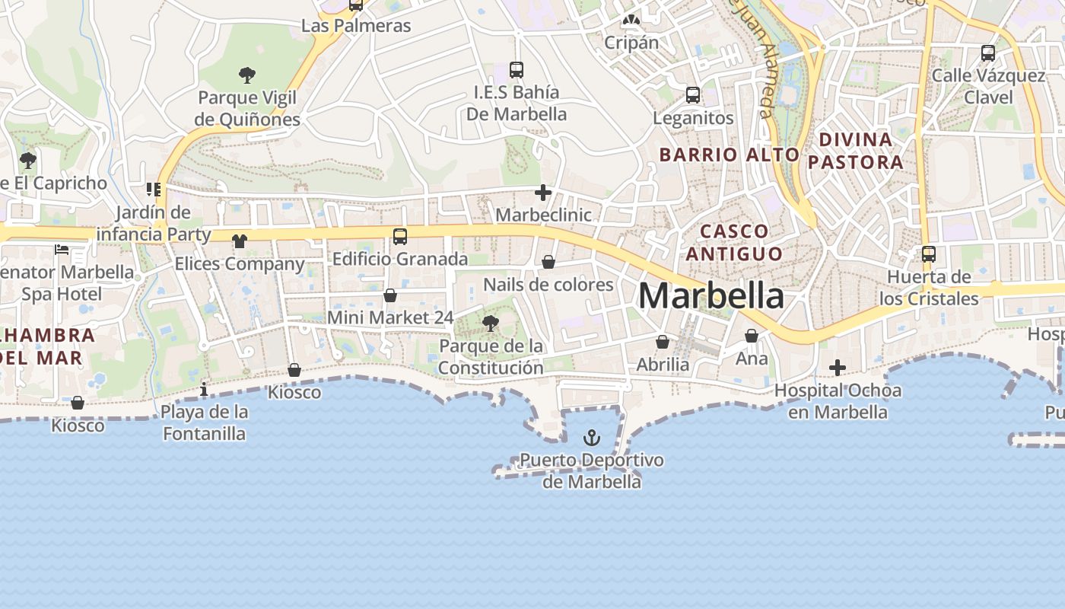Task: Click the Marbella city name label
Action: pos(711,295)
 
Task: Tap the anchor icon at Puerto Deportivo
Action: pos(591,438)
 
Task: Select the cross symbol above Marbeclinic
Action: pos(542,193)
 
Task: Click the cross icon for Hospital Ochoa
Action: pos(838,368)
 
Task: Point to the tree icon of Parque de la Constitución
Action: pos(491,324)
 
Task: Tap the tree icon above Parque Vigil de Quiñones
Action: pos(246,75)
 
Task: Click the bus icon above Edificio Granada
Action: pos(400,237)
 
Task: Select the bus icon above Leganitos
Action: pos(693,95)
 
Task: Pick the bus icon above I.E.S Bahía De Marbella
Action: pos(517,70)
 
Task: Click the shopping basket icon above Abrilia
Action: pos(663,342)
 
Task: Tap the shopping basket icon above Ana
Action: pos(752,336)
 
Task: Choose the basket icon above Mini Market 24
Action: pos(390,295)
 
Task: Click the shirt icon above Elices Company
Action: pos(240,241)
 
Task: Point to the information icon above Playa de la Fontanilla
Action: pos(203,390)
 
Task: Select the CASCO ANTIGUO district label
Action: pos(734,242)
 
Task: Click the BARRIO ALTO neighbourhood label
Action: pos(729,155)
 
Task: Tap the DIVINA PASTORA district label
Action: pos(856,151)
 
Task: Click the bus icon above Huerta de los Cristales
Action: pos(929,254)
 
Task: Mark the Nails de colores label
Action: pos(548,285)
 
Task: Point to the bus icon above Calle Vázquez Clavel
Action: pos(988,53)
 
